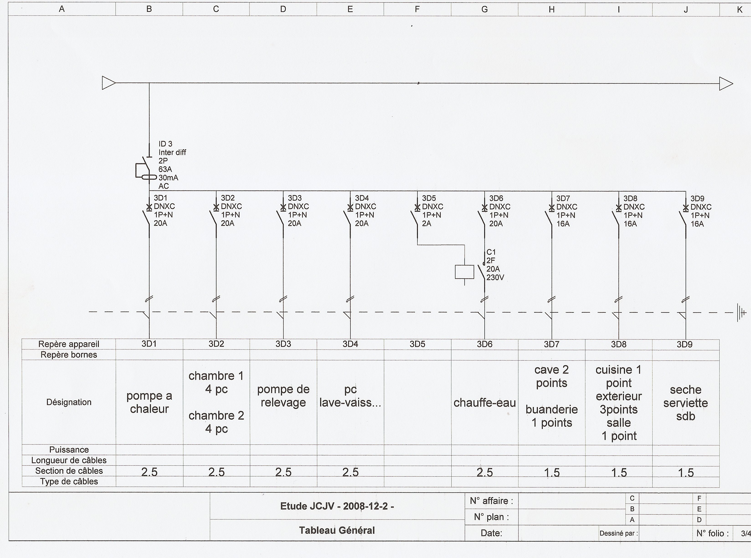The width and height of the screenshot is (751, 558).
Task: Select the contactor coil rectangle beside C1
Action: pos(465,272)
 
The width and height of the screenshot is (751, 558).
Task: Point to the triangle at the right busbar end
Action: pos(726,83)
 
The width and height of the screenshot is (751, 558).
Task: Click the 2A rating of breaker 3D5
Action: pos(427,223)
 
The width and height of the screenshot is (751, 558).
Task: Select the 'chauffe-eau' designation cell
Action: pos(485,403)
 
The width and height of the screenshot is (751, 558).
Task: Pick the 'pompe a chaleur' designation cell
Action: pos(149,402)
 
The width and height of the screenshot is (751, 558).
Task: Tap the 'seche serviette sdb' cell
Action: pos(685,403)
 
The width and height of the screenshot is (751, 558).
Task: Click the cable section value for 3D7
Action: pos(552,472)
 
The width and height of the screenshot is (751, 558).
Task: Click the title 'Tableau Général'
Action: pos(337,530)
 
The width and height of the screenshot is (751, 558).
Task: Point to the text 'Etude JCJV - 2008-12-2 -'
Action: pos(337,506)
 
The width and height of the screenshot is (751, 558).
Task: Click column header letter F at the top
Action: pos(417,9)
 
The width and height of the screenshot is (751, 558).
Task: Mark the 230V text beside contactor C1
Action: pos(495,278)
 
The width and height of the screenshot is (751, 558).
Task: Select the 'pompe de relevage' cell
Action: pos(283,396)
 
